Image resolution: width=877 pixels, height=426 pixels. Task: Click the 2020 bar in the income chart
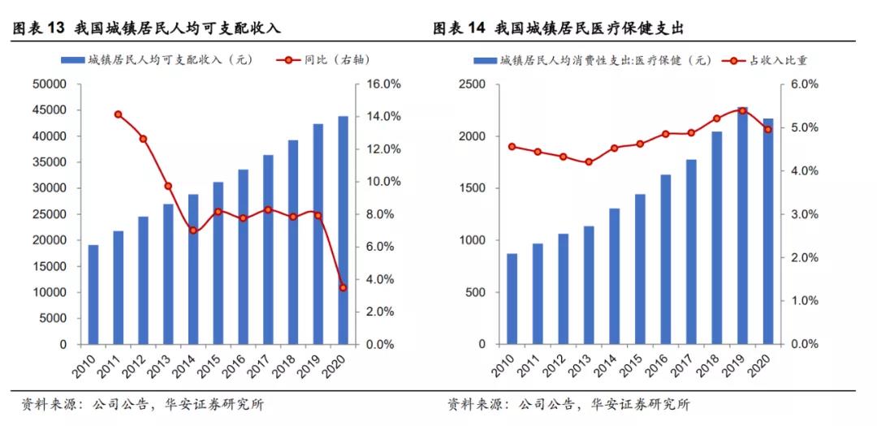[343, 230]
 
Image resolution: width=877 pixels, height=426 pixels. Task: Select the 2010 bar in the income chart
[93, 295]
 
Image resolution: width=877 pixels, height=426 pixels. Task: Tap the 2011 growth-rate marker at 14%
[118, 114]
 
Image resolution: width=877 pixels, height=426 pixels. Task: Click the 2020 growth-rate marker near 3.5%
[343, 287]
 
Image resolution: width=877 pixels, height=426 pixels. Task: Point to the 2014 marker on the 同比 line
[193, 230]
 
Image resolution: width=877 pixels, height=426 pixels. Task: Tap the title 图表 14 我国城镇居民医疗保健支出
[559, 28]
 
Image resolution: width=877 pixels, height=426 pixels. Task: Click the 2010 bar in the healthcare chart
[512, 299]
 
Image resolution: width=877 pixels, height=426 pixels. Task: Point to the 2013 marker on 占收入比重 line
[589, 162]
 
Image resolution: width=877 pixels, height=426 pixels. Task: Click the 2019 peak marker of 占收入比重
[741, 111]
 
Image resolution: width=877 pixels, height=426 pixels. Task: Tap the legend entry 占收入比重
[771, 60]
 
